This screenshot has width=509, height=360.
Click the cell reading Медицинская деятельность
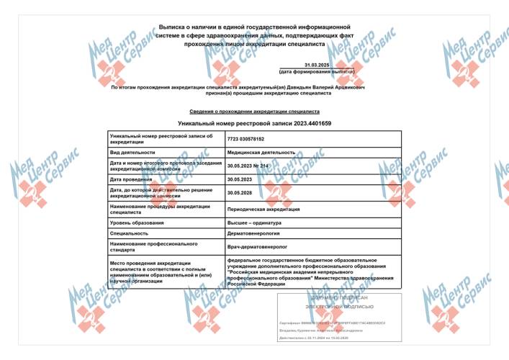coord(261,153)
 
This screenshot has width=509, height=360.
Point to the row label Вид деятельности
coord(132,153)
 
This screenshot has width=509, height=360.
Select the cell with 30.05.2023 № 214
coord(253,166)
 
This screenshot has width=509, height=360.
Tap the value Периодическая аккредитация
coord(263,209)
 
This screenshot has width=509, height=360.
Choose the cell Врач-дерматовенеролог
coord(256,248)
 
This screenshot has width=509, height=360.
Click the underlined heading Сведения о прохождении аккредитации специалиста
coord(254,112)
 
